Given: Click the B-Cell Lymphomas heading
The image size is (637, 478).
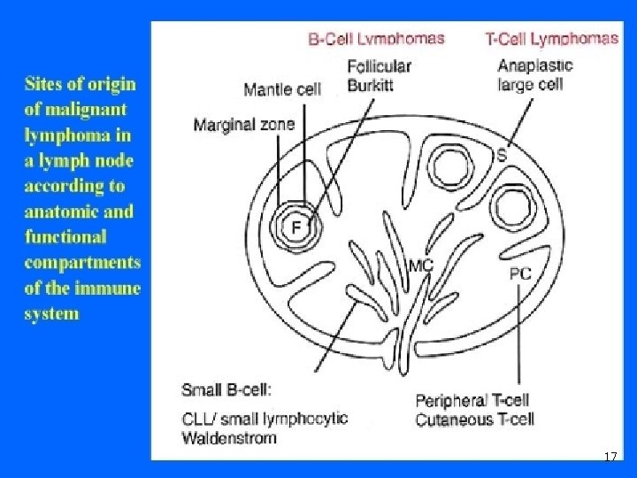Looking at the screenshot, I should tap(376, 38).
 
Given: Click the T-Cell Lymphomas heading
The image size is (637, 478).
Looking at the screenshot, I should tap(551, 38).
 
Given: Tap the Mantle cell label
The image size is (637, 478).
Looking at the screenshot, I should tap(281, 89).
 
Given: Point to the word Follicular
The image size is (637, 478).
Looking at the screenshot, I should tap(380, 66).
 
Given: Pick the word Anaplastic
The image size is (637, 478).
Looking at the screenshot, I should tap(535, 66).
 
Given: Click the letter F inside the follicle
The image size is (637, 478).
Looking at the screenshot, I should tap(297, 227).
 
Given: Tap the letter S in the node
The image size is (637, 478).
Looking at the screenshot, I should tap(502, 156).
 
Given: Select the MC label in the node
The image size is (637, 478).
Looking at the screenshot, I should tap(420, 266).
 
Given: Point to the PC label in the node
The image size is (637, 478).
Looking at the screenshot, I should tap(520, 274).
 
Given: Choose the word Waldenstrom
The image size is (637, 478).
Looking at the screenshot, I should tap(229, 436).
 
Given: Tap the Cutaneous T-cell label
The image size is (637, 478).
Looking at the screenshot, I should tap(475, 419).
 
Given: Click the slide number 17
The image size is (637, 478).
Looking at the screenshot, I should tap(610, 457).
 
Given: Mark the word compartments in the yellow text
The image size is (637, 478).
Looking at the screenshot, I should tap(82, 262).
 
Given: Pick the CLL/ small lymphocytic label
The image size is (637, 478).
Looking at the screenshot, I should tap(265, 419).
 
